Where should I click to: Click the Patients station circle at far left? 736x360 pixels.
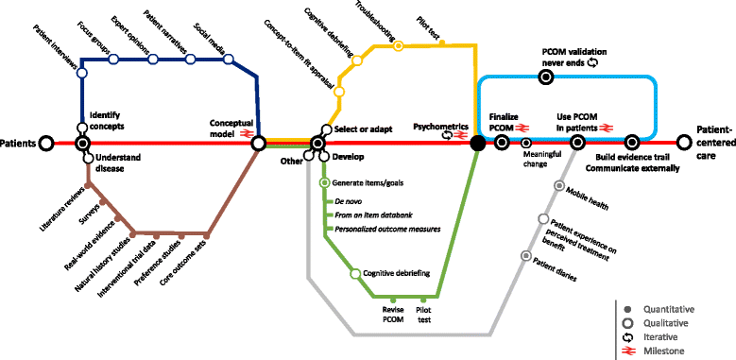44,144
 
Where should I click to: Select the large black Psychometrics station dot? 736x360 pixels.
478,144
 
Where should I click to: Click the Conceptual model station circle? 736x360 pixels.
258,144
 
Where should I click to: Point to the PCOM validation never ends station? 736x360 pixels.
546,78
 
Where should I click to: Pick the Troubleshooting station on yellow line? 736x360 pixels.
398,44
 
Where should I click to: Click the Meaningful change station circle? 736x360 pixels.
526,144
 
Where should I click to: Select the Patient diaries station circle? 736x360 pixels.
526,255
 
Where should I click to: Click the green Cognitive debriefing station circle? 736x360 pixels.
355,274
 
